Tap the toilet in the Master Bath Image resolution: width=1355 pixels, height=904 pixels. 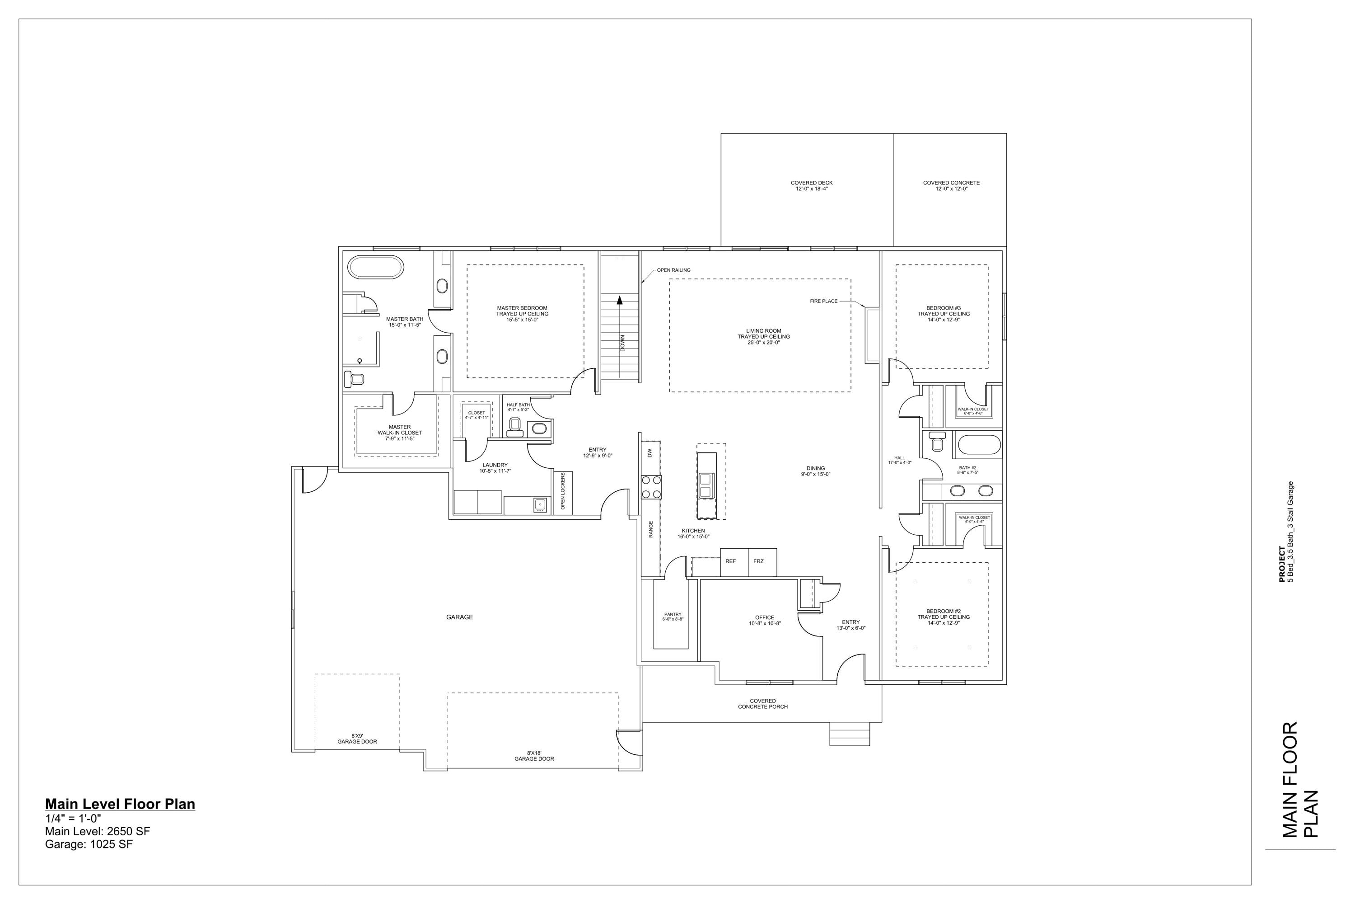(x=355, y=379)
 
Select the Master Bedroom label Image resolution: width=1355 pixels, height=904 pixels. (x=522, y=314)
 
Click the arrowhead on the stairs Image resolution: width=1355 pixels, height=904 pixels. (x=620, y=300)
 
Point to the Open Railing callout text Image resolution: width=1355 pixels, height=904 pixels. (x=673, y=270)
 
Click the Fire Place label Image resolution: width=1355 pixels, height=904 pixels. (x=823, y=301)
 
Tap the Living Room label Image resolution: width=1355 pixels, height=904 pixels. (x=763, y=337)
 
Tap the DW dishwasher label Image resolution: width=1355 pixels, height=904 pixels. (x=650, y=453)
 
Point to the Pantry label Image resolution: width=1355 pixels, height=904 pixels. (x=673, y=617)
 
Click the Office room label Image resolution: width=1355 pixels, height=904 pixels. (x=765, y=620)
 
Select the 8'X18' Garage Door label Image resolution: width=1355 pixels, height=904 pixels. (x=534, y=756)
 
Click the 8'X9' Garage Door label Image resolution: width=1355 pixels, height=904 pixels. (x=357, y=739)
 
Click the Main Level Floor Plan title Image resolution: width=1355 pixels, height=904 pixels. (x=120, y=804)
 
